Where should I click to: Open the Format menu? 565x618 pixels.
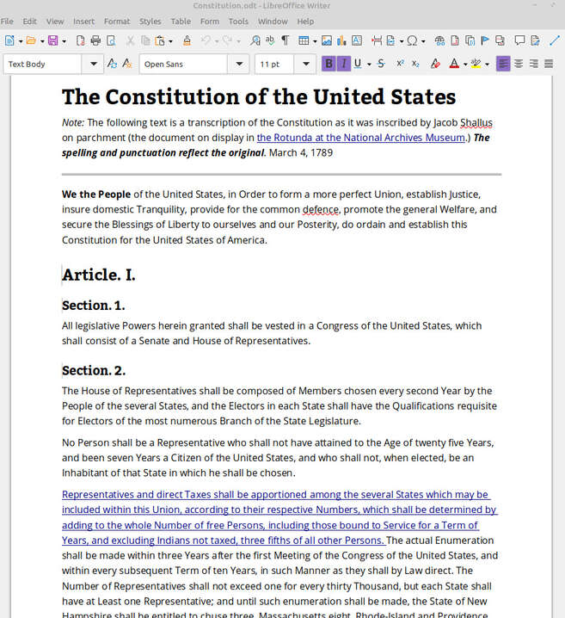pos(117,21)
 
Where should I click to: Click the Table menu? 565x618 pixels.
pos(181,21)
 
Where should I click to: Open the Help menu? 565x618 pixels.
pos(305,21)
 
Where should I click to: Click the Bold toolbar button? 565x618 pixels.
pos(329,64)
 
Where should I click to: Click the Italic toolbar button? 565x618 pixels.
pos(344,64)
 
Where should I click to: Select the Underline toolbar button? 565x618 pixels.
pos(358,64)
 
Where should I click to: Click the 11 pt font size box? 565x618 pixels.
pos(274,64)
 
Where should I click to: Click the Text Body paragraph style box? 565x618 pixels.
pos(43,64)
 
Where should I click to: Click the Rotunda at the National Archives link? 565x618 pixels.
pos(360,138)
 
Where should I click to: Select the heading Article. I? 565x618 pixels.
pos(99,275)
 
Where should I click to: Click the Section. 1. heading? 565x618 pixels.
pos(94,305)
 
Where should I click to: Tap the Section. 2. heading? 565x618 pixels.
pos(94,370)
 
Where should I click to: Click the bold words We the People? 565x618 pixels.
pos(96,194)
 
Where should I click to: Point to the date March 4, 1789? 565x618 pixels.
pos(301,152)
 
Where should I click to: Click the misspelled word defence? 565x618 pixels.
pos(321,209)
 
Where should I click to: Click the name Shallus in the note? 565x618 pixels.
pos(476,122)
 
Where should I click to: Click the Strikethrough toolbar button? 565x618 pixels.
pos(381,64)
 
